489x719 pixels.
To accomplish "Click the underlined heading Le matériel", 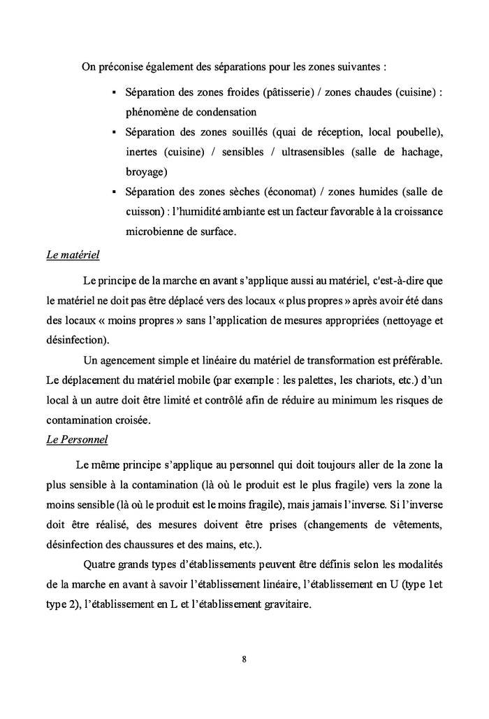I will [73, 255].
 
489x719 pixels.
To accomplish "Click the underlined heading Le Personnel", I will [75, 440].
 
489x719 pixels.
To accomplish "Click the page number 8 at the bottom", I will [244, 659].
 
